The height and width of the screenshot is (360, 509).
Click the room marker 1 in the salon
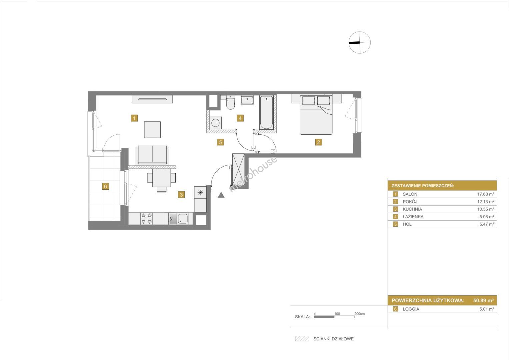click(134, 118)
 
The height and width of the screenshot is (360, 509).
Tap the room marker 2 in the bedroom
click(318, 142)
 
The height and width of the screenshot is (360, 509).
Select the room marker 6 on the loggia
click(105, 186)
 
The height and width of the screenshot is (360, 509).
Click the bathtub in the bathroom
click(267, 113)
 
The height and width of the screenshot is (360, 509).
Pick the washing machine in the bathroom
click(215, 123)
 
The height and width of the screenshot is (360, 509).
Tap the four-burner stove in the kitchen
click(147, 218)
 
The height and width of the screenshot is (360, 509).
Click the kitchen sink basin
click(183, 218)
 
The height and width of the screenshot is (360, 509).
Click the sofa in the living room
click(152, 155)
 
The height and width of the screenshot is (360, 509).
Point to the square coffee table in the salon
click(152, 130)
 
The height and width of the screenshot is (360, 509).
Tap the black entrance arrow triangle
click(221, 195)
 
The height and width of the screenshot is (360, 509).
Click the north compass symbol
click(360, 43)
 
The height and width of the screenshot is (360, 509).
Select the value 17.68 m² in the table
click(485, 194)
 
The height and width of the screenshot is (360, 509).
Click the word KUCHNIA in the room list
click(412, 209)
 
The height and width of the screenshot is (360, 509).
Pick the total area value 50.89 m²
click(483, 300)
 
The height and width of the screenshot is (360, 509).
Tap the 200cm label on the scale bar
click(359, 314)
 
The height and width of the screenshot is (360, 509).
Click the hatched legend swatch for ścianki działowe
click(302, 339)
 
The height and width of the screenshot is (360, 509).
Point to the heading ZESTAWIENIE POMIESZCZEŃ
click(423, 186)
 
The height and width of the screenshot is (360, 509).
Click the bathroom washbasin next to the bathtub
click(247, 100)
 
